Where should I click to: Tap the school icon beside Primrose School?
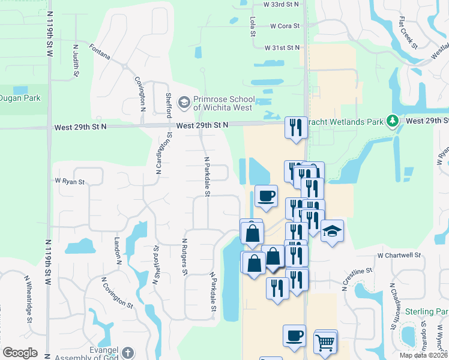click(184, 103)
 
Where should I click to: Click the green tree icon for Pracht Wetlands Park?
click(393, 121)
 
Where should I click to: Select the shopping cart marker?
click(325, 343)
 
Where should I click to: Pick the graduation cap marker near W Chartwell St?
click(330, 232)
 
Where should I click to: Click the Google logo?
click(20, 353)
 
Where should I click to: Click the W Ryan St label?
click(70, 181)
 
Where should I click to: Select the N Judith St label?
click(76, 60)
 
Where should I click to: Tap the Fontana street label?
click(100, 52)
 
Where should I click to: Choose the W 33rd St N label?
click(281, 4)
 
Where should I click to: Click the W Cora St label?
click(285, 26)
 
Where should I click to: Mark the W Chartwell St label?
click(399, 255)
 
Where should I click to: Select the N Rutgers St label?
click(185, 256)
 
